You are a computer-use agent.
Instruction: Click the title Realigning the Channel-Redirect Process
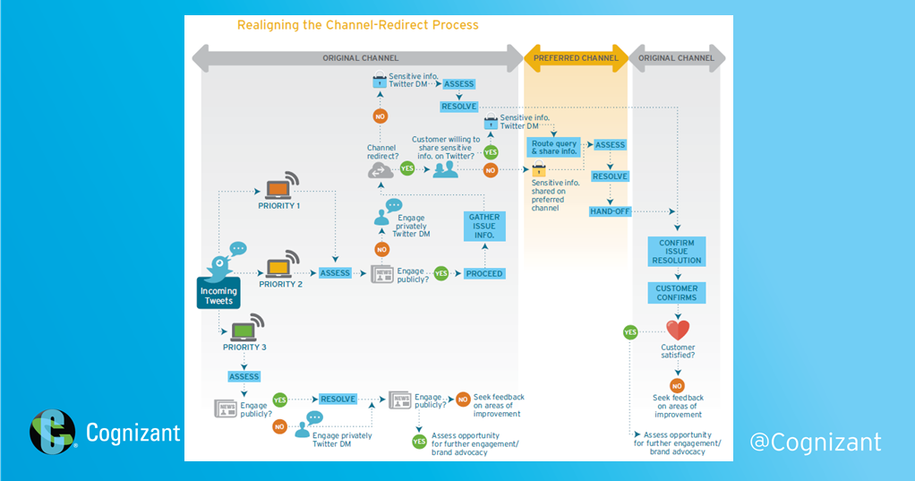(x=357, y=25)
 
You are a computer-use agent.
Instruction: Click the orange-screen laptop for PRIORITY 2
(x=280, y=265)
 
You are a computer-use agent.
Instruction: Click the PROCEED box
(x=483, y=273)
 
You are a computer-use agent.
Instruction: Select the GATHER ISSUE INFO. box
(x=484, y=227)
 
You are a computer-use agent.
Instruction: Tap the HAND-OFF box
(x=610, y=211)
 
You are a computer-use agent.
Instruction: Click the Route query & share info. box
(x=553, y=148)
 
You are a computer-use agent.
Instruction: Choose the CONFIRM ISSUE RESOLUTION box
(x=677, y=252)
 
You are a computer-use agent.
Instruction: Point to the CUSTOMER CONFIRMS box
(x=677, y=294)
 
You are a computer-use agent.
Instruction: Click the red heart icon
(x=677, y=331)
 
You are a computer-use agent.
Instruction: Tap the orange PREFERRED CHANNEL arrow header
(x=575, y=58)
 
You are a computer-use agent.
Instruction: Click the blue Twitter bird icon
(x=220, y=265)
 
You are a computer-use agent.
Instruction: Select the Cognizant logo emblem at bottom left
(x=53, y=433)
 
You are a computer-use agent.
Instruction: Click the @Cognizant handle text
(x=815, y=442)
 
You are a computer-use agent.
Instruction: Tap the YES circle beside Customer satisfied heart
(x=630, y=332)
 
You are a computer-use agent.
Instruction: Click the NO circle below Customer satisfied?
(x=677, y=384)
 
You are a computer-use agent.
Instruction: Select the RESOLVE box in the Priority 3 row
(x=338, y=399)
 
